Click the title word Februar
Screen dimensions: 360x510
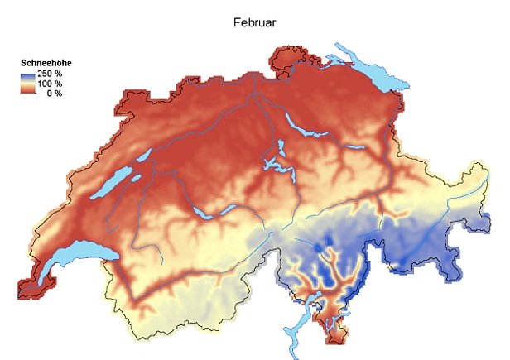(x=255, y=22)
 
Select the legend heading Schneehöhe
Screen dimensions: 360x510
(x=45, y=63)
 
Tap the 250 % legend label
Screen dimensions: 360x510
(x=51, y=74)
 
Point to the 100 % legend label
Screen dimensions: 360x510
(x=51, y=84)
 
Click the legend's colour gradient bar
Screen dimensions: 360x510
(x=29, y=84)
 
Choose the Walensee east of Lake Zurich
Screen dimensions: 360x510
(x=354, y=148)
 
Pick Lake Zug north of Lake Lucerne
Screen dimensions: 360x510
(x=281, y=150)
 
